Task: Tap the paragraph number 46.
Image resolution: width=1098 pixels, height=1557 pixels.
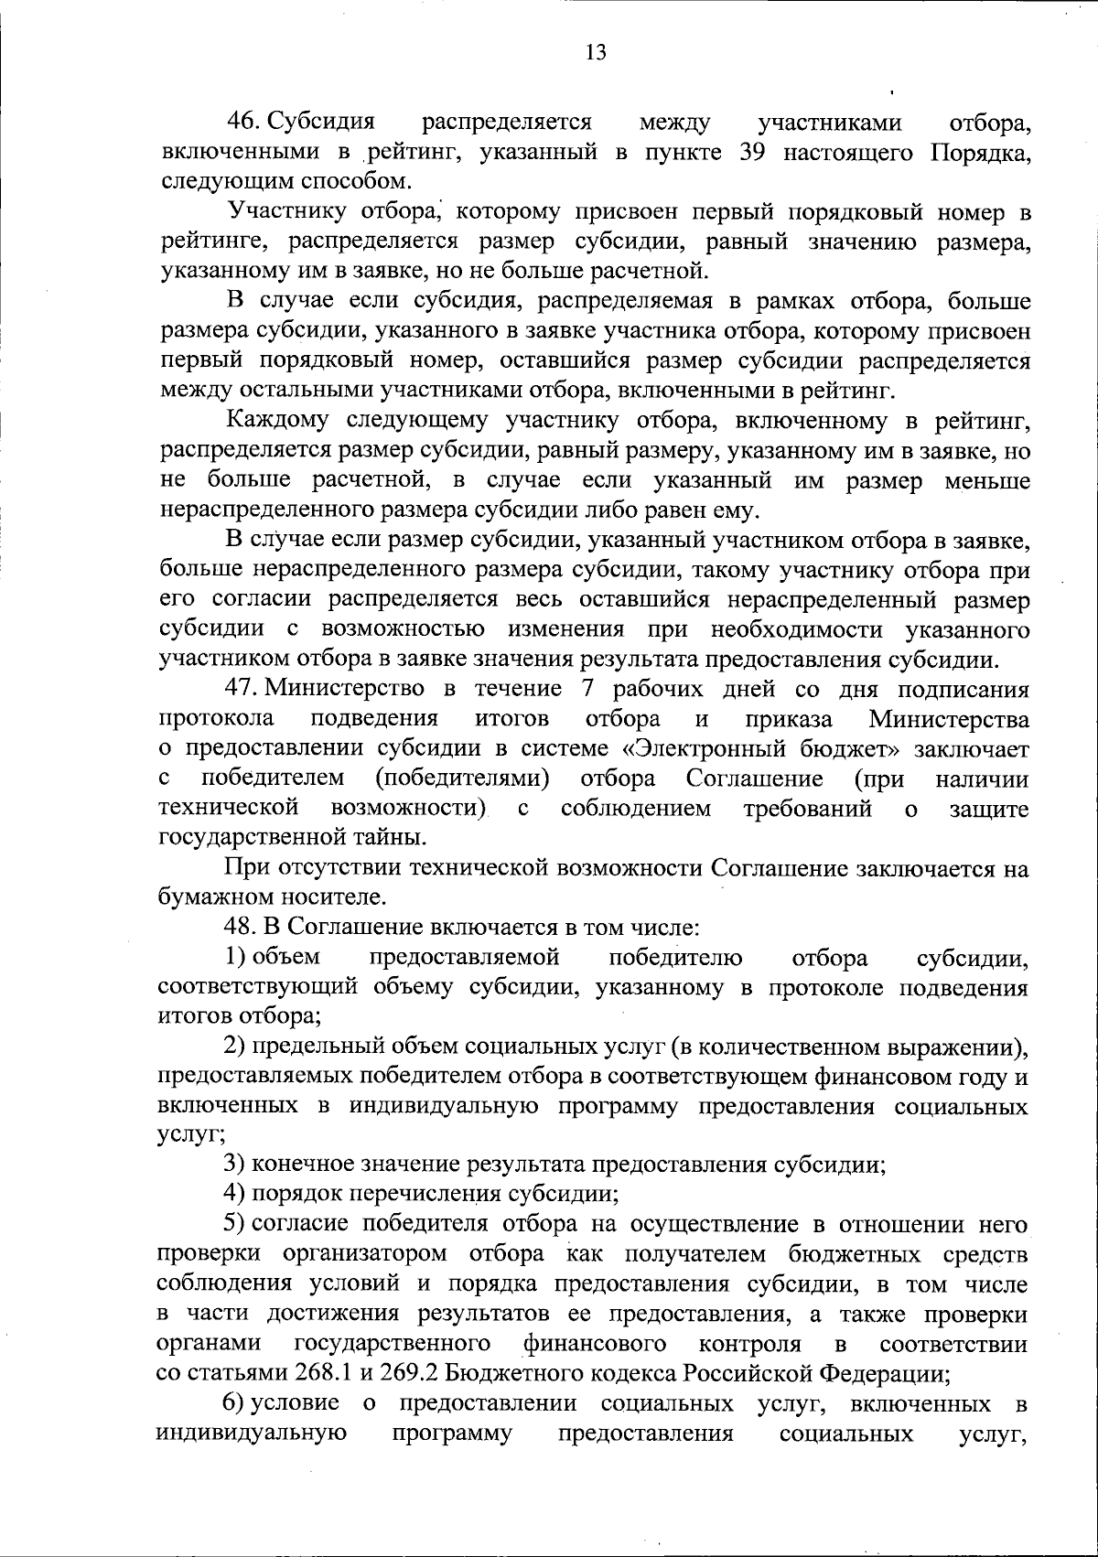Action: (246, 123)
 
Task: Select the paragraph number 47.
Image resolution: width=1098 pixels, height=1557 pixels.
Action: (246, 689)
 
